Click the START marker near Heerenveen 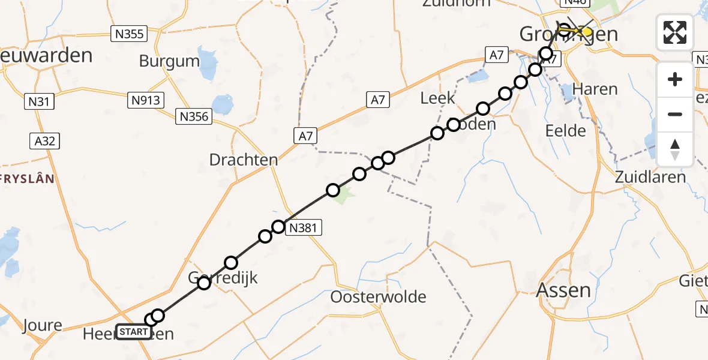point(133,332)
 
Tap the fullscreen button point(675,32)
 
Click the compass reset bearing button point(675,149)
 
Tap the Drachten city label point(244,160)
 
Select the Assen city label point(564,290)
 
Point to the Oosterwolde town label point(379,296)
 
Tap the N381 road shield point(305,227)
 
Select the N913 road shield point(146,100)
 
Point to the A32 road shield point(45,141)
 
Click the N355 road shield point(130,34)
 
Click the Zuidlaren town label point(650,177)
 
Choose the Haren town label point(595,89)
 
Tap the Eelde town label point(566,130)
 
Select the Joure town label point(43,326)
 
